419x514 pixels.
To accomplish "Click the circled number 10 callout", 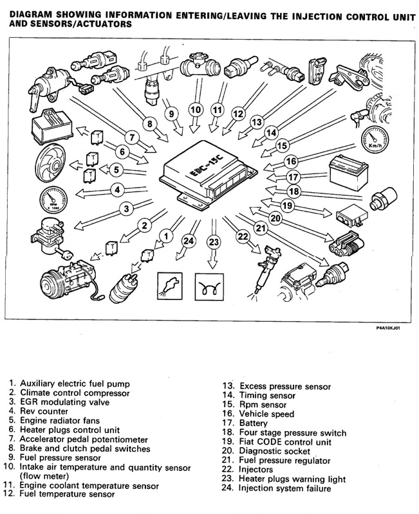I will (196, 108).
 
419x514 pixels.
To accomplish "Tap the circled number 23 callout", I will (214, 242).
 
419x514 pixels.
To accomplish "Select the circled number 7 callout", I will (131, 137).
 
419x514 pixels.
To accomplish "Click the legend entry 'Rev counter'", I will (44, 411).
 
